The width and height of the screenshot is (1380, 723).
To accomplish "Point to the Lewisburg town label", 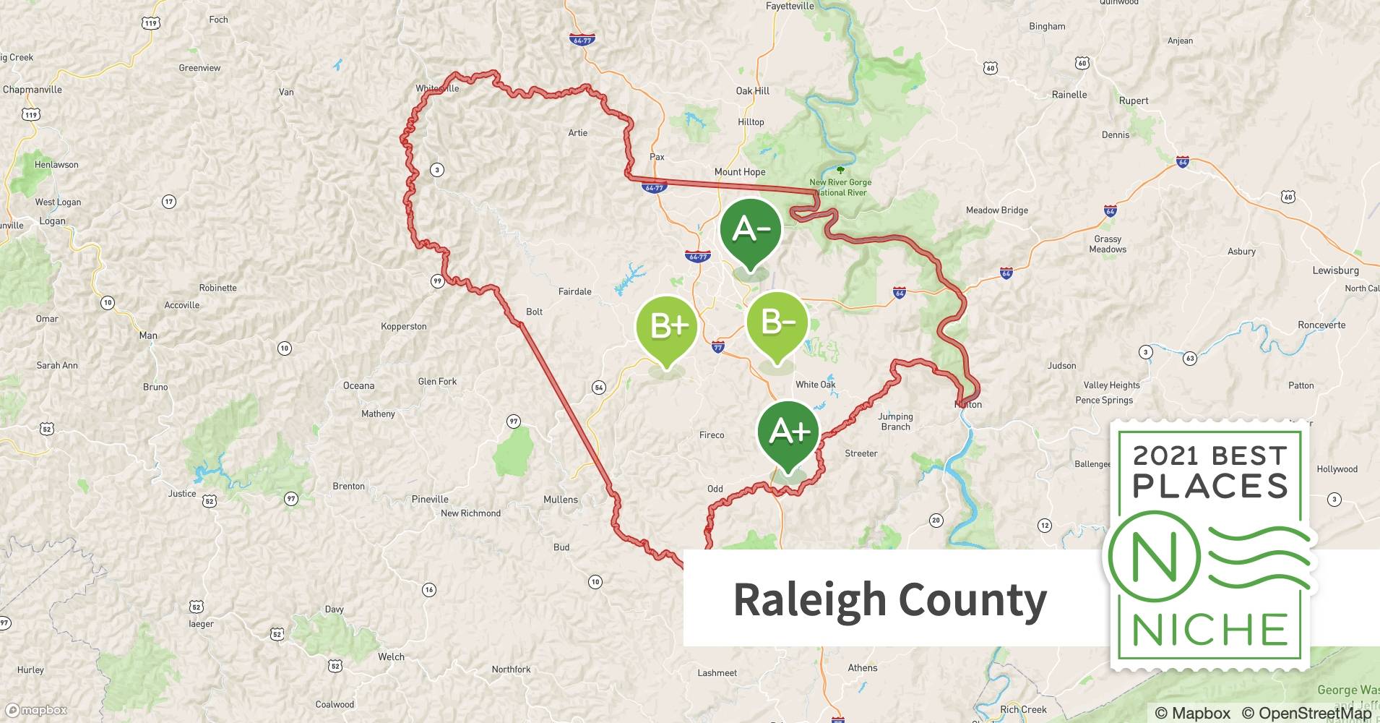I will coord(1335,270).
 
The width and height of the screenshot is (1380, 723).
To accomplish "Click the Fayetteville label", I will coord(790,7).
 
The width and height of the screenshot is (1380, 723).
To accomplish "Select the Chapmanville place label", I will coord(33,90).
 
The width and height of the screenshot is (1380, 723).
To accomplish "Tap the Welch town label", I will coord(391,656).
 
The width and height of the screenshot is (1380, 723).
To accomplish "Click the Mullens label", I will coord(561,500).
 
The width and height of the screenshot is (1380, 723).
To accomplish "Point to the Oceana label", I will coord(358,385).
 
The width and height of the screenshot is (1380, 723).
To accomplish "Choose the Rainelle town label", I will coord(1069,95).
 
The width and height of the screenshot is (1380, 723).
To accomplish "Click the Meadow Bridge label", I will coord(996,210).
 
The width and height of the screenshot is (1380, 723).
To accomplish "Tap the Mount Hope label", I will coord(740,172).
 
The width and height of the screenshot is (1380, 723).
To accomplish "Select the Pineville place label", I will coord(430,499).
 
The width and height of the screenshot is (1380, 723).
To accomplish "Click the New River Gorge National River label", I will coord(840,187).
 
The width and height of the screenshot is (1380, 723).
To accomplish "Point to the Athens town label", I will coord(863,667).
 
